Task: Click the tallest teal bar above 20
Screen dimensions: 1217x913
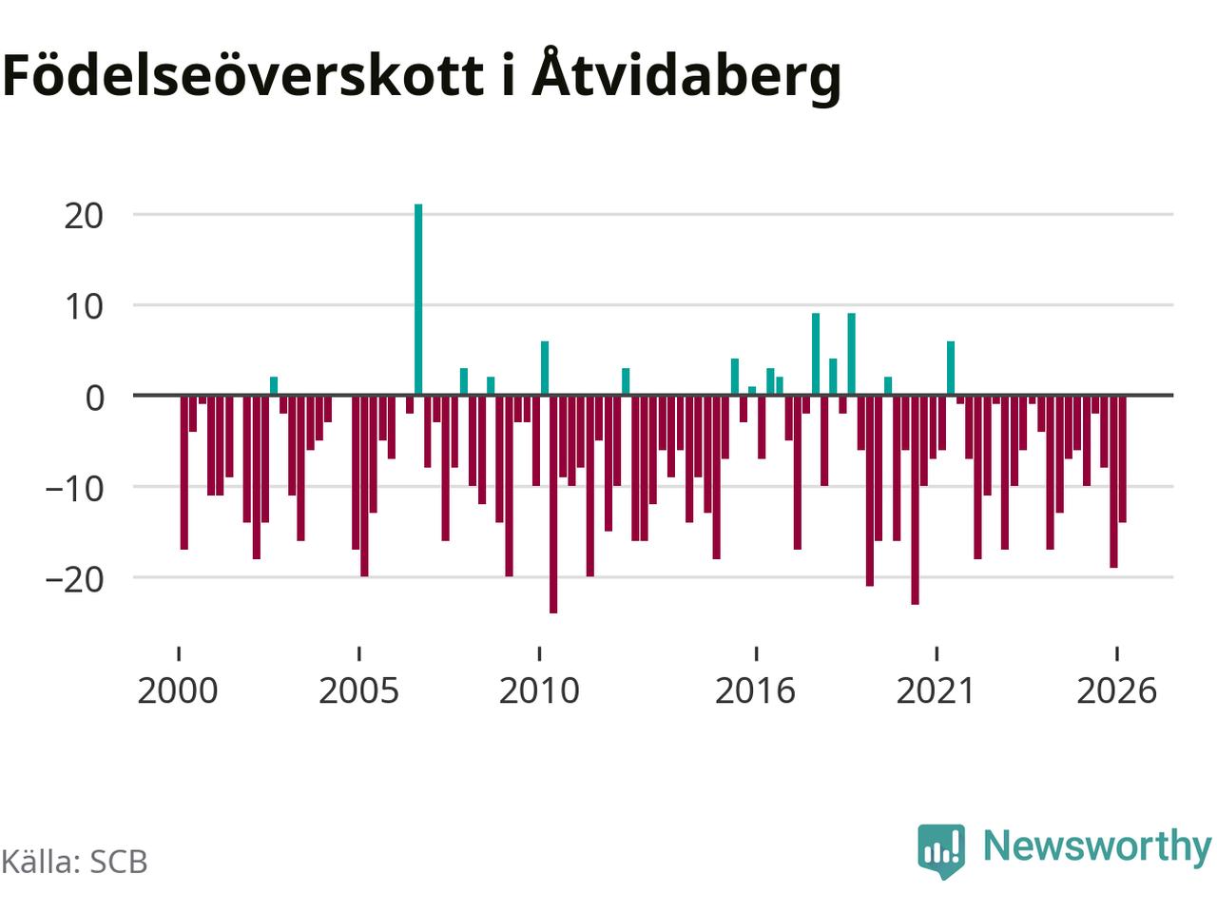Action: click(418, 300)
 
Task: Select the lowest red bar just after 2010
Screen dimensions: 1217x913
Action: click(552, 504)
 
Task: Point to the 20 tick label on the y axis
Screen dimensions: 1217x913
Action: click(84, 216)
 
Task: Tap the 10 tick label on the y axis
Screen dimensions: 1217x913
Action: click(84, 307)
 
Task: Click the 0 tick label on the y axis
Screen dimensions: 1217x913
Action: click(95, 398)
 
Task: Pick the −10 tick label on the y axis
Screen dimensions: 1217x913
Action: click(74, 489)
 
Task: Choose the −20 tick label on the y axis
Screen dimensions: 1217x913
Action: click(74, 580)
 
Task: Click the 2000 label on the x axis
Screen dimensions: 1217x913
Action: click(178, 690)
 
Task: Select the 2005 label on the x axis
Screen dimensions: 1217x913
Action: click(358, 690)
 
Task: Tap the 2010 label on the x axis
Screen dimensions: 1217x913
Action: click(539, 690)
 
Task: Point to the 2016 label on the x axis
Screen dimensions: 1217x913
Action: click(755, 690)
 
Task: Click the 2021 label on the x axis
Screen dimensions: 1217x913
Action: click(936, 690)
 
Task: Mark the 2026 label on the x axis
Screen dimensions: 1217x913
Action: click(1116, 690)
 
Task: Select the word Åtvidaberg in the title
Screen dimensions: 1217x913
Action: click(686, 76)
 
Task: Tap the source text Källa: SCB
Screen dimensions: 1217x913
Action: click(74, 862)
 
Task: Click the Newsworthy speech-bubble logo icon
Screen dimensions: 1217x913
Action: click(941, 851)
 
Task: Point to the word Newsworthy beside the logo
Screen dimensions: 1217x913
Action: click(1097, 847)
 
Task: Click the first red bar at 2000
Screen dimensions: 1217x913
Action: click(184, 473)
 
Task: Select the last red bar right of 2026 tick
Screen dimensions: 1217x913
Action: click(1122, 459)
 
